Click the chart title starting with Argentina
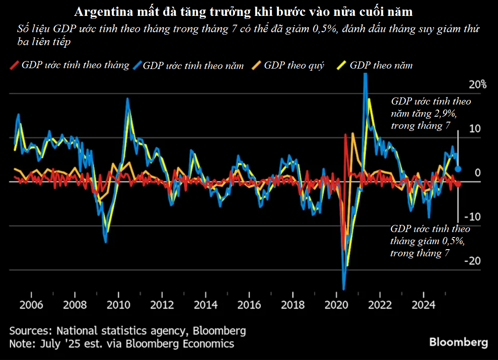pyautogui.click(x=243, y=12)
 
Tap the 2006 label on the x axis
pyautogui.click(x=32, y=304)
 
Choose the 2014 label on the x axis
pyautogui.click(x=206, y=304)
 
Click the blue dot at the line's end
pyautogui.click(x=458, y=169)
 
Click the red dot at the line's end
pyautogui.click(x=458, y=184)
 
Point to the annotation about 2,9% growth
pyautogui.click(x=431, y=113)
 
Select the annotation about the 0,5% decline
pyautogui.click(x=430, y=241)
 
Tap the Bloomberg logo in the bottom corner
pyautogui.click(x=458, y=342)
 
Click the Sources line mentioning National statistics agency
pyautogui.click(x=128, y=331)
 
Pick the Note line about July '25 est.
pyautogui.click(x=122, y=344)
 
